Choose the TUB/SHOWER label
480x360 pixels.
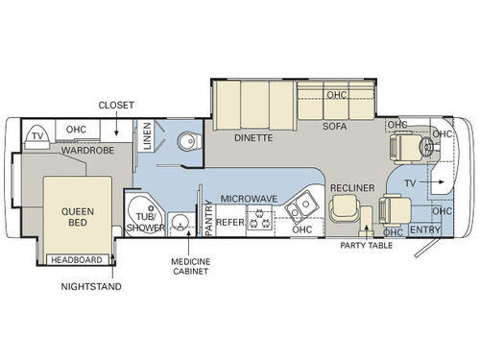[x=143, y=223]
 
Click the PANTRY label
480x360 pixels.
[x=208, y=217]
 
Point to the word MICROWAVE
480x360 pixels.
[x=250, y=199]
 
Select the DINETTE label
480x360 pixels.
[x=253, y=137]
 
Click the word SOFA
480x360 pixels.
[x=334, y=126]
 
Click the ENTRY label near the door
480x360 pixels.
[x=424, y=230]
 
